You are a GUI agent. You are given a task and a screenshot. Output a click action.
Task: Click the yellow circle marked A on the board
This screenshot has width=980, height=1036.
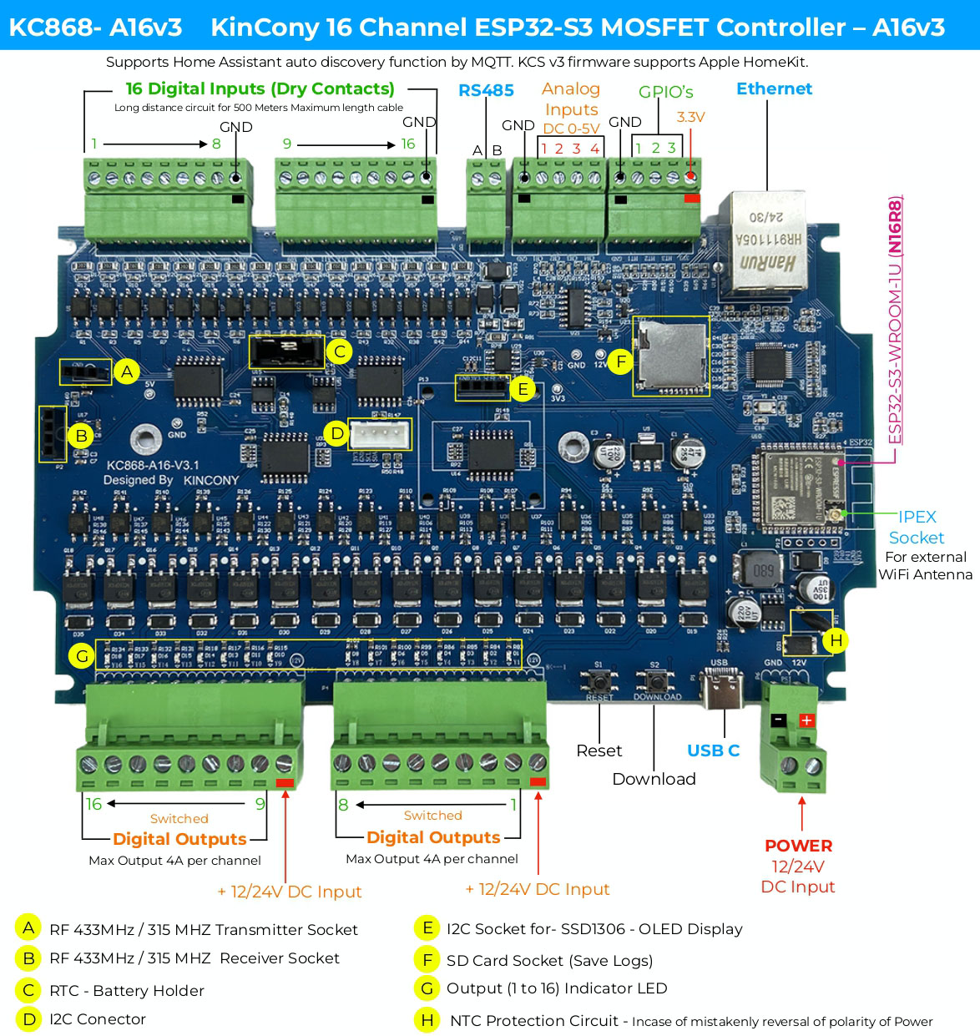[127, 371]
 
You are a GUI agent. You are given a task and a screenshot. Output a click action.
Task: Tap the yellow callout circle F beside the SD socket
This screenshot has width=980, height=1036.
[620, 361]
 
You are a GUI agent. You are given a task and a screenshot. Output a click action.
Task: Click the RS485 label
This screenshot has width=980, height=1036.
[486, 90]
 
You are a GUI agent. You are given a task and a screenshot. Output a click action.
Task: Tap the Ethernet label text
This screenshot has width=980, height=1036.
[774, 88]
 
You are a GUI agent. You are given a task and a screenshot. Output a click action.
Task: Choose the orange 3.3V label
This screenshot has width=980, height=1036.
[690, 117]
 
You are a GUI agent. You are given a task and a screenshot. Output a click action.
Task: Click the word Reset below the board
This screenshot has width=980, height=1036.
[599, 750]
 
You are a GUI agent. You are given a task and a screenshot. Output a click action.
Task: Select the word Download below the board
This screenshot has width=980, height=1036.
[654, 779]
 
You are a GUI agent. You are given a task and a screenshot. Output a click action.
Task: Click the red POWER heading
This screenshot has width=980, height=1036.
[798, 846]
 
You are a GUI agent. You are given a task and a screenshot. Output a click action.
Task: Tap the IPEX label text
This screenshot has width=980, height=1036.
[917, 517]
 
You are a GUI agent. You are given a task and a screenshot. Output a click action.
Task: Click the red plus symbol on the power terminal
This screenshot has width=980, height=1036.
[806, 720]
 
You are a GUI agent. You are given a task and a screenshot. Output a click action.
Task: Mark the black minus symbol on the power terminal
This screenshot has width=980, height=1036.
[778, 720]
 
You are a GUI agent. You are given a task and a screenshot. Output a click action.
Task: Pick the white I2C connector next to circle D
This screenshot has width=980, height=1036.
[381, 434]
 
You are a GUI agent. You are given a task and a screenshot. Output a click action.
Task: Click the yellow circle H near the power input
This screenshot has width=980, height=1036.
[835, 640]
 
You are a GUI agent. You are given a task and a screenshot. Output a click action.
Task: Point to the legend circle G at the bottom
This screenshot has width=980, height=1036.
[427, 988]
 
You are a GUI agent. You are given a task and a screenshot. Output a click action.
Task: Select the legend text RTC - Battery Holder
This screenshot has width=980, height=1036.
[126, 991]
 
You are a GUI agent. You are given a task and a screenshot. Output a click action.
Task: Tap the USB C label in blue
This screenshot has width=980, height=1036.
[713, 750]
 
